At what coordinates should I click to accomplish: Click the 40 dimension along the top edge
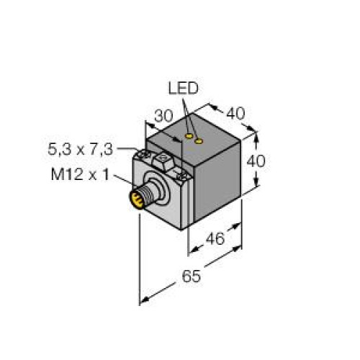[235, 114]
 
